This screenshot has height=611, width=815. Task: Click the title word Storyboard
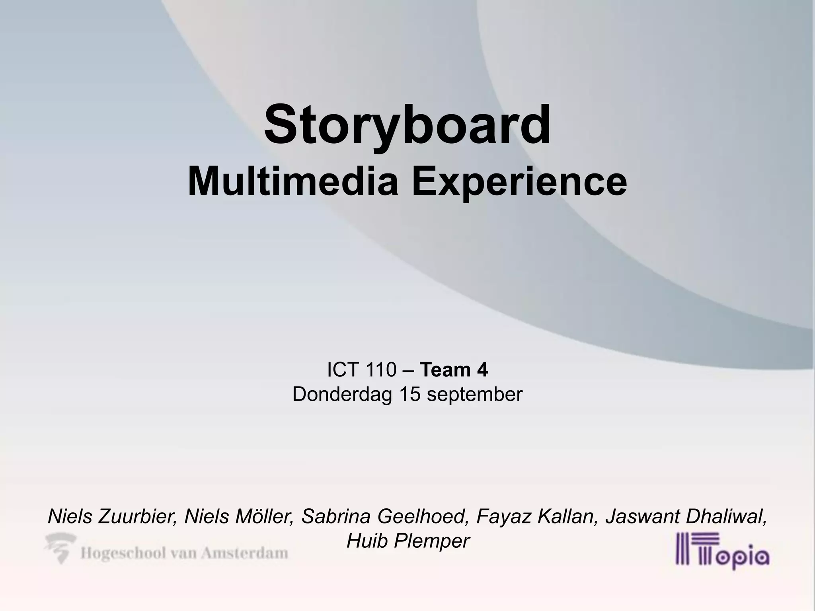coord(407,124)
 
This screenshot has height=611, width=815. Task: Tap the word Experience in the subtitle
coord(519,183)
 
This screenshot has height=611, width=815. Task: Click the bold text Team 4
coord(454,370)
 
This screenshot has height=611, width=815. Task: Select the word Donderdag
coord(342,394)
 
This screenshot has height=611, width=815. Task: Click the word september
coord(474,394)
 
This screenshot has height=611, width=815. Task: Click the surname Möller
coord(264,517)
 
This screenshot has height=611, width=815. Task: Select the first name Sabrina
coord(336,517)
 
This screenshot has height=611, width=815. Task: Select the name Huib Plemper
coord(408,541)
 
